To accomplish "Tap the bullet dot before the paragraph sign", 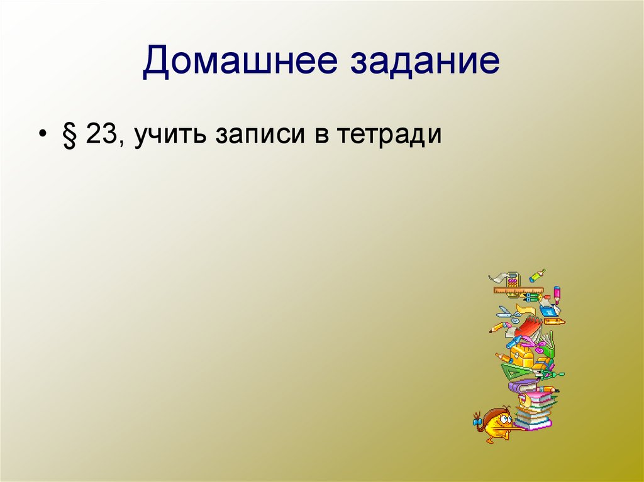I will pos(43,136).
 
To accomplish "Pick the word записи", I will pos(258,134).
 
